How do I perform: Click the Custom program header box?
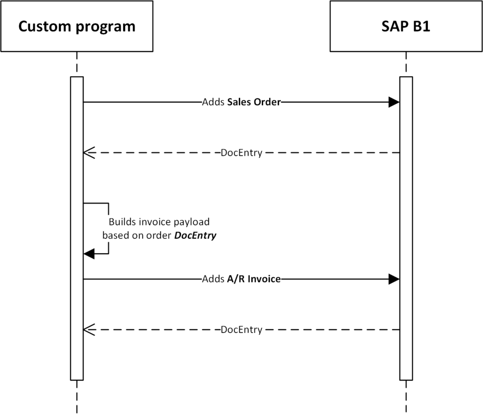click(76, 26)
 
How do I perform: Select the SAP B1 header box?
click(406, 26)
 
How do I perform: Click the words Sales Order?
click(254, 102)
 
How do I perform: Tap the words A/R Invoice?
click(254, 279)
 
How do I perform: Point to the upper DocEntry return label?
click(241, 153)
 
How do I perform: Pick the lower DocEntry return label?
click(241, 330)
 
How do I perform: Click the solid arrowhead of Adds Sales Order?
click(394, 102)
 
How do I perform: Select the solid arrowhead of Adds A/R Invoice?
click(394, 279)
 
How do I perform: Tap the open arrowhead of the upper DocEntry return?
click(89, 153)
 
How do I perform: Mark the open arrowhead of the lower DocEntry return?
click(89, 330)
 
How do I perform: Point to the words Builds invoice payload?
click(159, 222)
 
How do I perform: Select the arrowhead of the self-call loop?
click(89, 254)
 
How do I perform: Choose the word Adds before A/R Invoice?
click(211, 279)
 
